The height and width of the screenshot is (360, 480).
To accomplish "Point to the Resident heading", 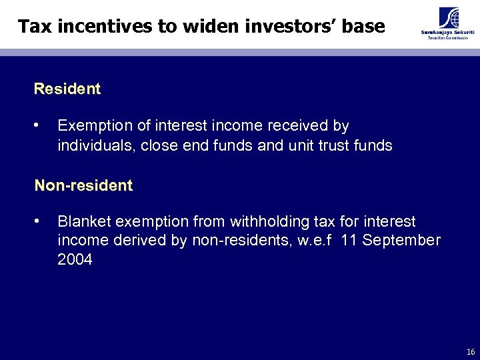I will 67,89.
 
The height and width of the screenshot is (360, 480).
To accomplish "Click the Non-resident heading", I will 83,185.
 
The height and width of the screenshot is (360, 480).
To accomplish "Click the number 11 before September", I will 349,241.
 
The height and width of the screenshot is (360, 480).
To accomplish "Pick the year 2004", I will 75,260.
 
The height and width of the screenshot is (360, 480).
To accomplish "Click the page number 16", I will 471,351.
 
